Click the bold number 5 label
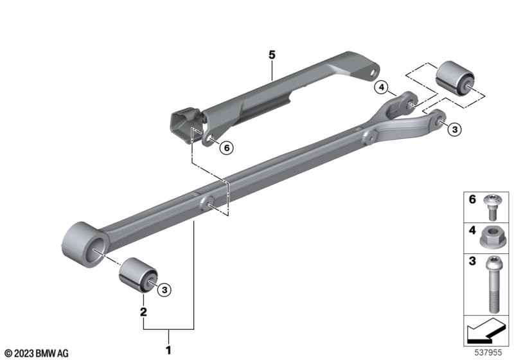272,55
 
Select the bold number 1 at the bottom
168,350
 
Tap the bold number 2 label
143,312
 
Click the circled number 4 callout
381,87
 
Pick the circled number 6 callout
227,148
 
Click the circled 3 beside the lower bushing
164,290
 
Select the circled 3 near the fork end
455,129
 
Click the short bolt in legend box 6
491,207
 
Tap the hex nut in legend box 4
490,237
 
